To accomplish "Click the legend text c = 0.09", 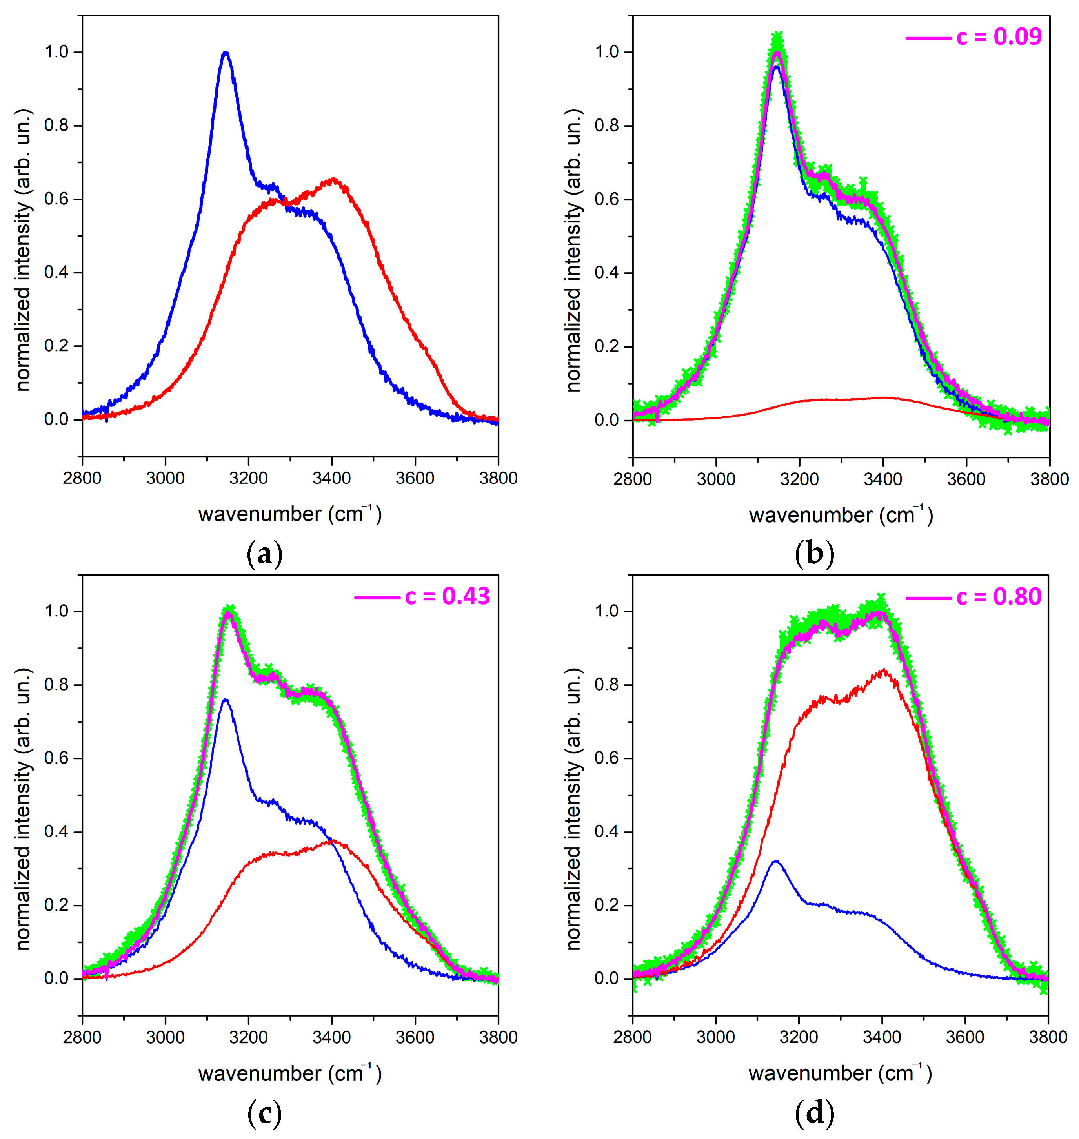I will coord(999,37).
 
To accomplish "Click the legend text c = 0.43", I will coord(448,596).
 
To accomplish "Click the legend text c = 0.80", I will coord(999,597).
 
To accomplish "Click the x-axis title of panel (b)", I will coord(840,514).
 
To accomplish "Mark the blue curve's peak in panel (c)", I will coord(226,700).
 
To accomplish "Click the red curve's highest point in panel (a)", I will coord(333,179).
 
